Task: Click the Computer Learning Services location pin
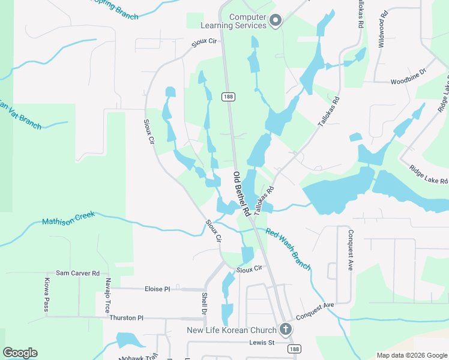276,21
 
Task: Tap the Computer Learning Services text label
247,22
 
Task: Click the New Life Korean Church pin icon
285,329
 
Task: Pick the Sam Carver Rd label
77,273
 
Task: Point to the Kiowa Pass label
46,295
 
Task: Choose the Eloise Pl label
157,289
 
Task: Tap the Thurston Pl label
127,317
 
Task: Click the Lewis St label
262,343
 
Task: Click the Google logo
20,353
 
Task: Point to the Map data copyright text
411,355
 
